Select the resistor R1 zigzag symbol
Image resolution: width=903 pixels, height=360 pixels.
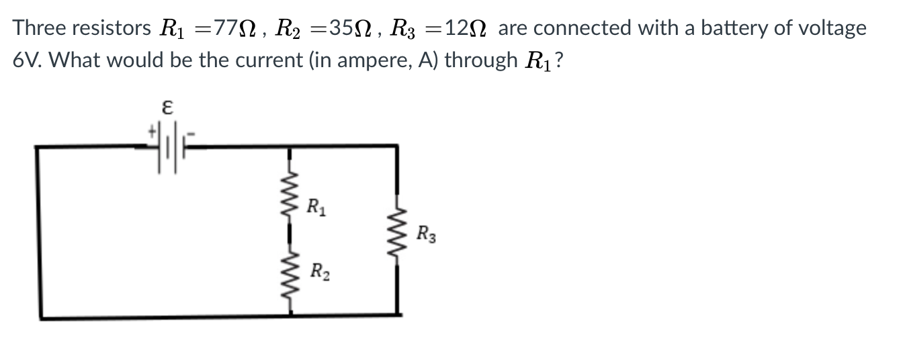290,198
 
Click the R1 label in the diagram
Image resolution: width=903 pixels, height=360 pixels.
314,206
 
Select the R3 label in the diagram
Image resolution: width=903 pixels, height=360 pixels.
426,235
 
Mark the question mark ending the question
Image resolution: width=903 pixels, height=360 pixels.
559,60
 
